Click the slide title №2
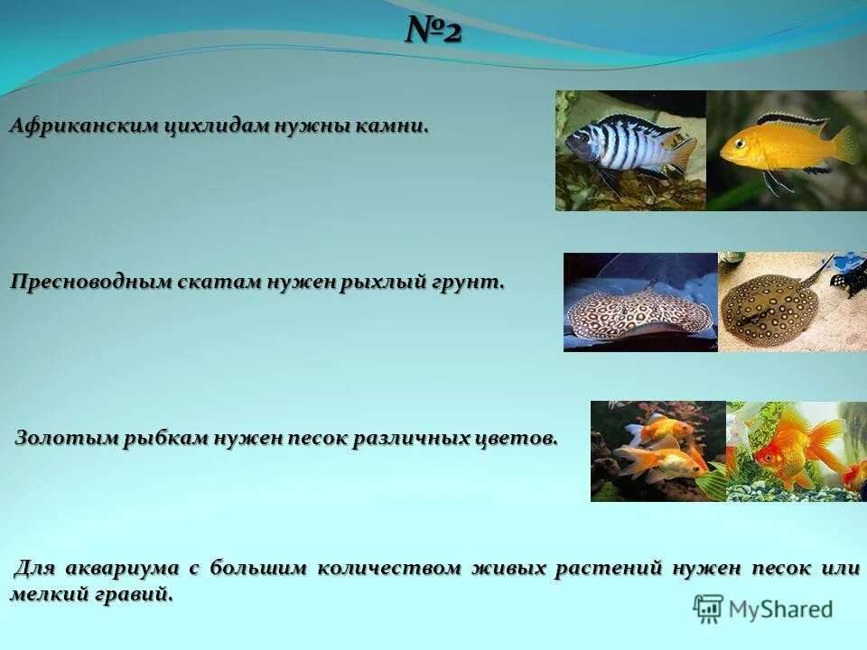(x=433, y=32)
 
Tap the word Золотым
(x=59, y=438)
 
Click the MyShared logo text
(x=780, y=609)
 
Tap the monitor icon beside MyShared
(x=708, y=608)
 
